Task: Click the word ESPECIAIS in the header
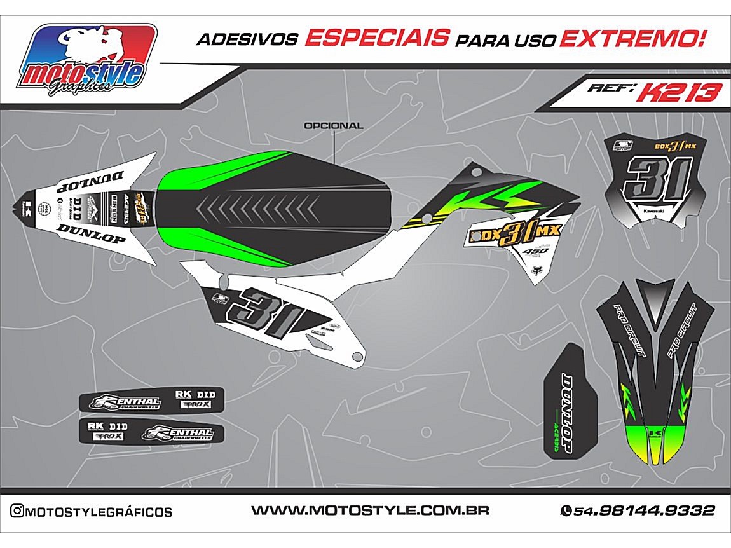(x=377, y=39)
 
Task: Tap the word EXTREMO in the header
(x=633, y=39)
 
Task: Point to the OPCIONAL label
(x=333, y=126)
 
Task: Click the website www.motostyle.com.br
(x=369, y=510)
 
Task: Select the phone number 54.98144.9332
(x=644, y=510)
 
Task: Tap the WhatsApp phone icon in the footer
(x=566, y=510)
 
